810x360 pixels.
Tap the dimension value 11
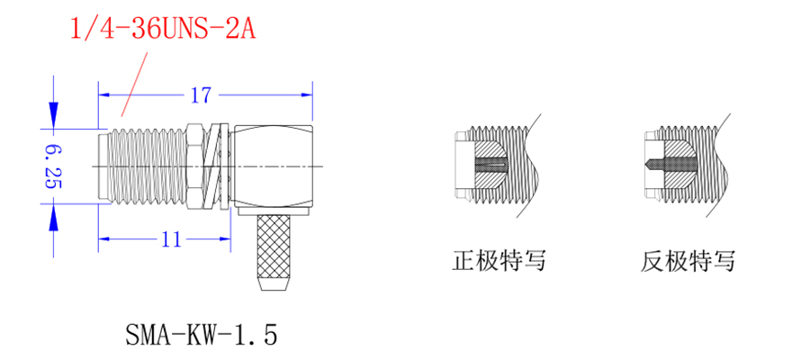point(172,239)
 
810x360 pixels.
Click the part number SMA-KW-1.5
point(202,336)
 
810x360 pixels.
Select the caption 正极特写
point(499,262)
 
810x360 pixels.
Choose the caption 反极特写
point(688,262)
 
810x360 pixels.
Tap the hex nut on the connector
point(194,166)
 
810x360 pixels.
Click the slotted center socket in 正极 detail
point(486,165)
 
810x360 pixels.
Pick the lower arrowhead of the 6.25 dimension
point(52,216)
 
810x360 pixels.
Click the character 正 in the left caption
point(463,262)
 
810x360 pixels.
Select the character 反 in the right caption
point(652,262)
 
